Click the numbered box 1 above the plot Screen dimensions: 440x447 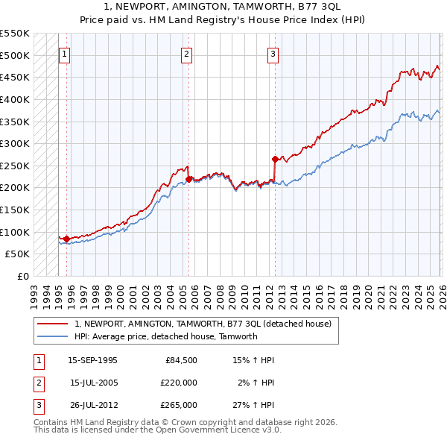(65, 54)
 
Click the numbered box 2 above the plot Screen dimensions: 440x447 (186, 54)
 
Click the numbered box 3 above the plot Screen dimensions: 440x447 (273, 54)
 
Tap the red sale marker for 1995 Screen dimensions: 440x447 (66, 239)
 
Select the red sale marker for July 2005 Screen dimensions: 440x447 (188, 179)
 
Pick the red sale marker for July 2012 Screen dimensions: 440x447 (275, 159)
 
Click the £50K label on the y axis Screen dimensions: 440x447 (17, 254)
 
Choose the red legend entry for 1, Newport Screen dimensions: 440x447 (208, 324)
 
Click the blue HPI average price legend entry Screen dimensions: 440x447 (166, 336)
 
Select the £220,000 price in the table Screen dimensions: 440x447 (179, 383)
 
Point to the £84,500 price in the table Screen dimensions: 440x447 (181, 360)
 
